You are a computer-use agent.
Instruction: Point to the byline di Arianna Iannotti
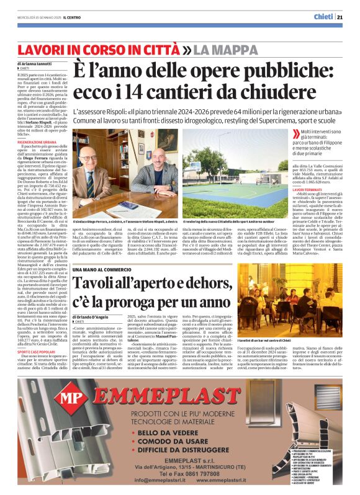tap(35, 63)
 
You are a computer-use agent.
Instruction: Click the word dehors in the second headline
tap(194, 284)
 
